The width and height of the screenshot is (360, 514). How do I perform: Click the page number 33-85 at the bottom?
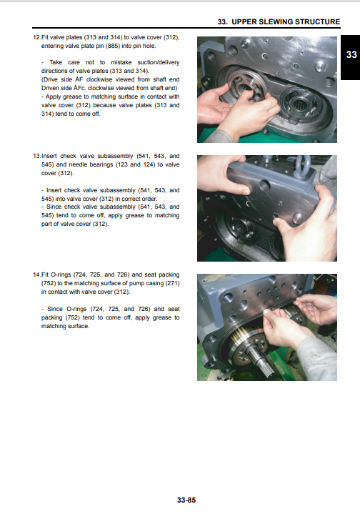point(186,500)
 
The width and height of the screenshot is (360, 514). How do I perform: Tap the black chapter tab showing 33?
point(350,58)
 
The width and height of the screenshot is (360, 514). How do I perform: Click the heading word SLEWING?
point(275,21)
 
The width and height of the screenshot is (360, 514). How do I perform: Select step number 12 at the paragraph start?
point(36,37)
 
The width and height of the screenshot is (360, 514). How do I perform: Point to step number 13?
point(36,156)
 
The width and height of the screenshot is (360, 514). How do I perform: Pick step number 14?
point(36,275)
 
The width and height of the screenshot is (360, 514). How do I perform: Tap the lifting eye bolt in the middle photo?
point(301,165)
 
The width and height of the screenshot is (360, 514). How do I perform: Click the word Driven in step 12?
point(50,88)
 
